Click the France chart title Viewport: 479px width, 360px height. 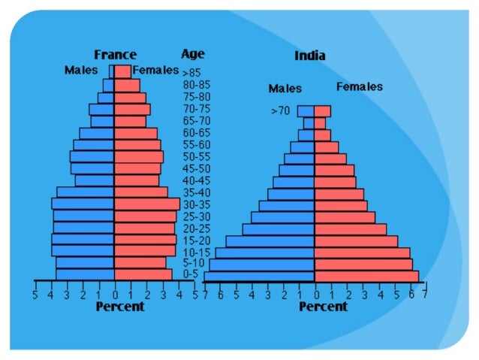(115, 55)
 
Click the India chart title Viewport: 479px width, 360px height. (309, 56)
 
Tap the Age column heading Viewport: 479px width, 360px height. (192, 54)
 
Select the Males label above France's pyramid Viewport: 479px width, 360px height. (81, 71)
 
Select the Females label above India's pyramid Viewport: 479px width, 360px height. (359, 87)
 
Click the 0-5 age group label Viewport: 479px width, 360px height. (191, 274)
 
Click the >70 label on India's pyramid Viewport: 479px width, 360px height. (280, 111)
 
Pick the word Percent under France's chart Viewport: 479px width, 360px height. (119, 307)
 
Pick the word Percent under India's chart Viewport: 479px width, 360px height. (323, 307)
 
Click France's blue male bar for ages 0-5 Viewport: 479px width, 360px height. (85, 274)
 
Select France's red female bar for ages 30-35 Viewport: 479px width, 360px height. (146, 204)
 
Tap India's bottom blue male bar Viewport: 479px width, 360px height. (259, 277)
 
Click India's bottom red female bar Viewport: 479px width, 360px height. (366, 277)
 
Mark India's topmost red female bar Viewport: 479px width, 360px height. (322, 111)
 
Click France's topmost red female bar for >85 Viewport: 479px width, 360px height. (122, 71)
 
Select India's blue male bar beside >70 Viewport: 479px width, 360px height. (306, 111)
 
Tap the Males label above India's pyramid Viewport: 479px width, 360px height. (285, 89)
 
